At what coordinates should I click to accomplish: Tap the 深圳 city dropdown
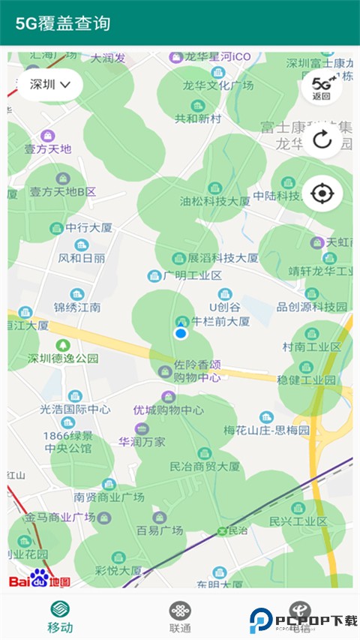(x=51, y=85)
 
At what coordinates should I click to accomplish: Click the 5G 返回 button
(x=322, y=88)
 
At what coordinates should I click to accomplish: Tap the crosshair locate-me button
(x=322, y=194)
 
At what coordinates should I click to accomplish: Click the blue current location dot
(x=180, y=333)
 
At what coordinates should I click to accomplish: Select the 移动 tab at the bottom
(x=60, y=617)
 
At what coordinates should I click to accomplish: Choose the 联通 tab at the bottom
(x=180, y=617)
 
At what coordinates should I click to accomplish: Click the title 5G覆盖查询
(x=64, y=23)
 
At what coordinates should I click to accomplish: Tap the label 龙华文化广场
(x=220, y=86)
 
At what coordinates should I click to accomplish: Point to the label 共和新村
(x=198, y=119)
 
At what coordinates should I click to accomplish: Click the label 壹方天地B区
(x=63, y=191)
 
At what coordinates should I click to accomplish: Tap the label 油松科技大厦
(x=215, y=201)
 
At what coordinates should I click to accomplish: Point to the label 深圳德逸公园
(x=63, y=358)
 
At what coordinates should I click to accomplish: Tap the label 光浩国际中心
(x=75, y=409)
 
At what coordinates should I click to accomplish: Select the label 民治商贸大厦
(x=205, y=466)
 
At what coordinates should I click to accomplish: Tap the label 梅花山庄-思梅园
(x=267, y=430)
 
